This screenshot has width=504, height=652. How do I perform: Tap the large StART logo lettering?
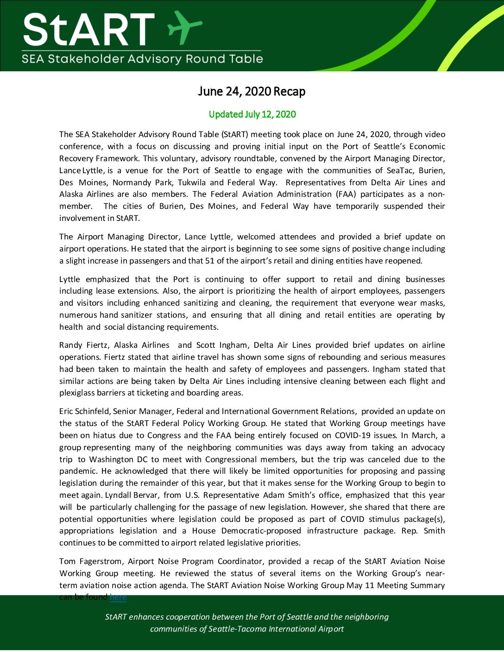(88, 29)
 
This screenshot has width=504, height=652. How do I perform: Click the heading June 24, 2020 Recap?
(252, 92)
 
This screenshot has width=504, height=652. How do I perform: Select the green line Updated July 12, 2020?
(252, 114)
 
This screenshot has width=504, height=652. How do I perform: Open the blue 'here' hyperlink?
(118, 597)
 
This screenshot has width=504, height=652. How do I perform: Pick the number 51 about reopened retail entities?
(209, 261)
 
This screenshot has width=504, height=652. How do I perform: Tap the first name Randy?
(70, 345)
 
